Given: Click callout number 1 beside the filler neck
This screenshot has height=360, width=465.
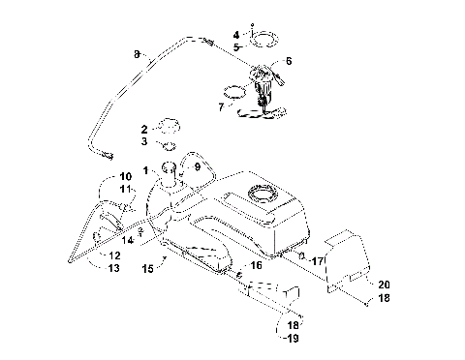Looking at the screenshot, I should click(146, 171).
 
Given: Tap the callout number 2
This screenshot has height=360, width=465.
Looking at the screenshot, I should click(145, 128).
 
